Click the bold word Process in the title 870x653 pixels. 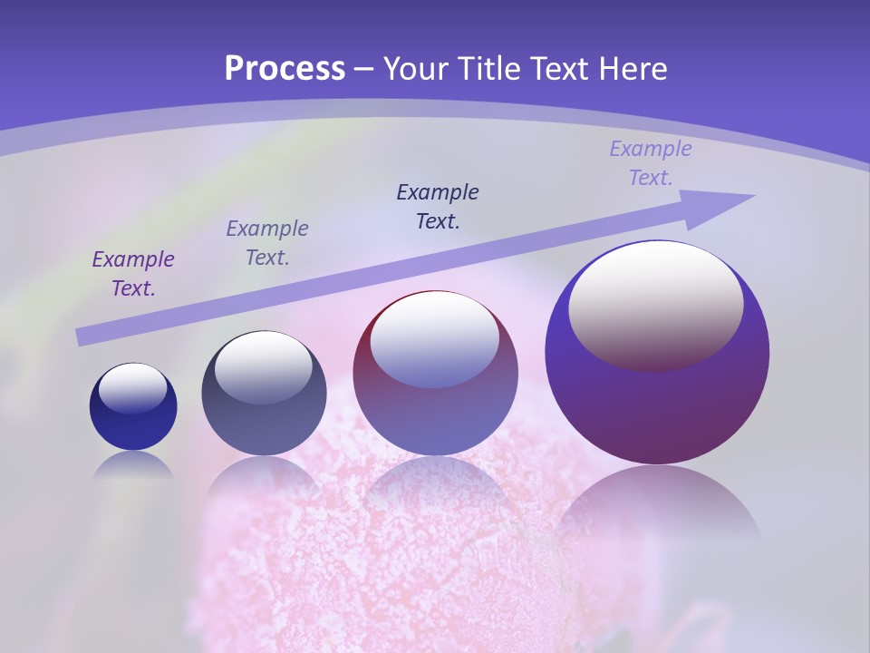tap(285, 69)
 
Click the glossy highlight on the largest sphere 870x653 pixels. tap(655, 304)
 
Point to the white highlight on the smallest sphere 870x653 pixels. tap(132, 388)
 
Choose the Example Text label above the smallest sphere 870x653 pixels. tap(133, 274)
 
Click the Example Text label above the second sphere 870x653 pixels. tap(267, 243)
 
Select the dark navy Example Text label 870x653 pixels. tap(438, 206)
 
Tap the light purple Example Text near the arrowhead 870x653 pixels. tap(651, 163)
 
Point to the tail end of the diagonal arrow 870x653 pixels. tap(83, 336)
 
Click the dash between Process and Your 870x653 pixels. tap(364, 69)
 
